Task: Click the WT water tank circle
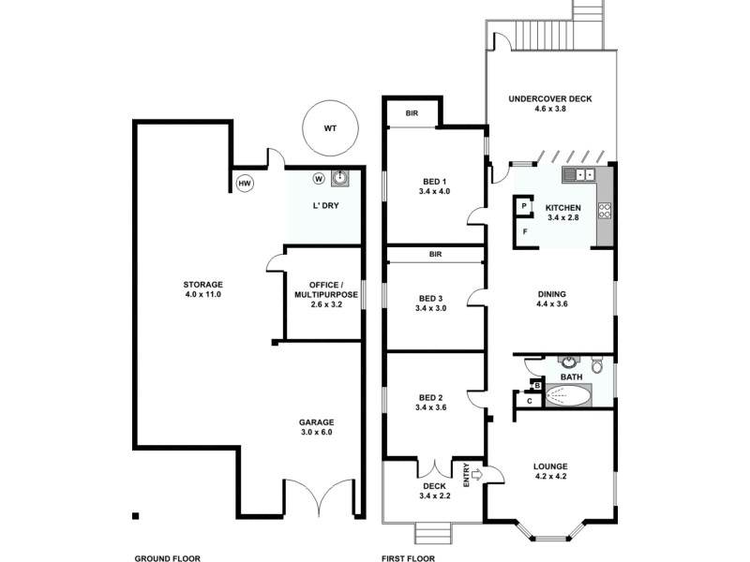329,129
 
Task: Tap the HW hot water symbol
245,184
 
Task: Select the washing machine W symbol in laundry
319,178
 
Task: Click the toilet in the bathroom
597,365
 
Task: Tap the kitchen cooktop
605,211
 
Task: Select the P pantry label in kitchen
524,205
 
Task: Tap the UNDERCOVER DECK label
550,98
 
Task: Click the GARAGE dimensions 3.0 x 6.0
317,432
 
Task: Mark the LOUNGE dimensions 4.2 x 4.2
550,477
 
